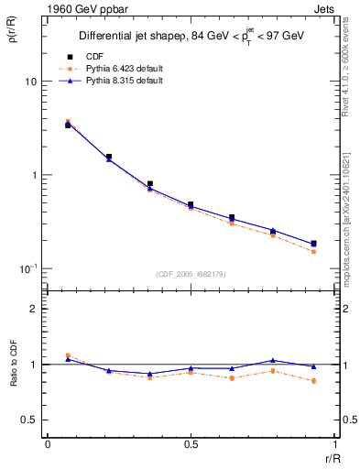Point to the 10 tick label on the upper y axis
point(30,82)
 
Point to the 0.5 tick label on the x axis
point(190,444)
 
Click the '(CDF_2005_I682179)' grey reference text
point(190,273)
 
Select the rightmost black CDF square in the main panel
point(313,244)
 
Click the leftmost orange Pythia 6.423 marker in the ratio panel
point(68,355)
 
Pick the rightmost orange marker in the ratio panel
point(313,380)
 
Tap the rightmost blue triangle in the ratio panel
point(313,366)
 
